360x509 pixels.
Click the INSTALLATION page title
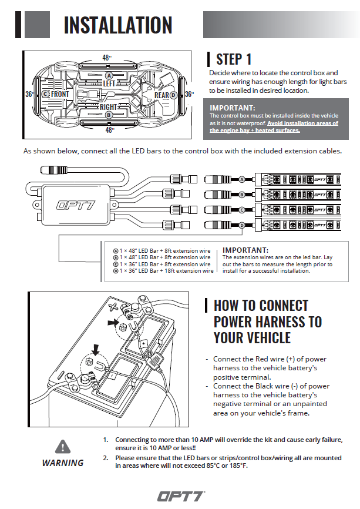(117, 25)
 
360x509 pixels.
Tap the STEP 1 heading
(234, 59)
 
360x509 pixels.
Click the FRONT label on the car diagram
(60, 94)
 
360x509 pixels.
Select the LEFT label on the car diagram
(109, 83)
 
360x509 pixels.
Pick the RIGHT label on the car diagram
(109, 107)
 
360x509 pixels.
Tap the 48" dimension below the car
(109, 129)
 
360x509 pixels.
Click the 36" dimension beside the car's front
(29, 94)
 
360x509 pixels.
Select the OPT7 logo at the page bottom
(180, 497)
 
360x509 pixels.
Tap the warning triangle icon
(63, 446)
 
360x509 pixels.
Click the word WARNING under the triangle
(63, 463)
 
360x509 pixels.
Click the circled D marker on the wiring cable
(241, 224)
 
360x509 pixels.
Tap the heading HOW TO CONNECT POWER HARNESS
(268, 321)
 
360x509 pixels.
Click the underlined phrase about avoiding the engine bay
(274, 126)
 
